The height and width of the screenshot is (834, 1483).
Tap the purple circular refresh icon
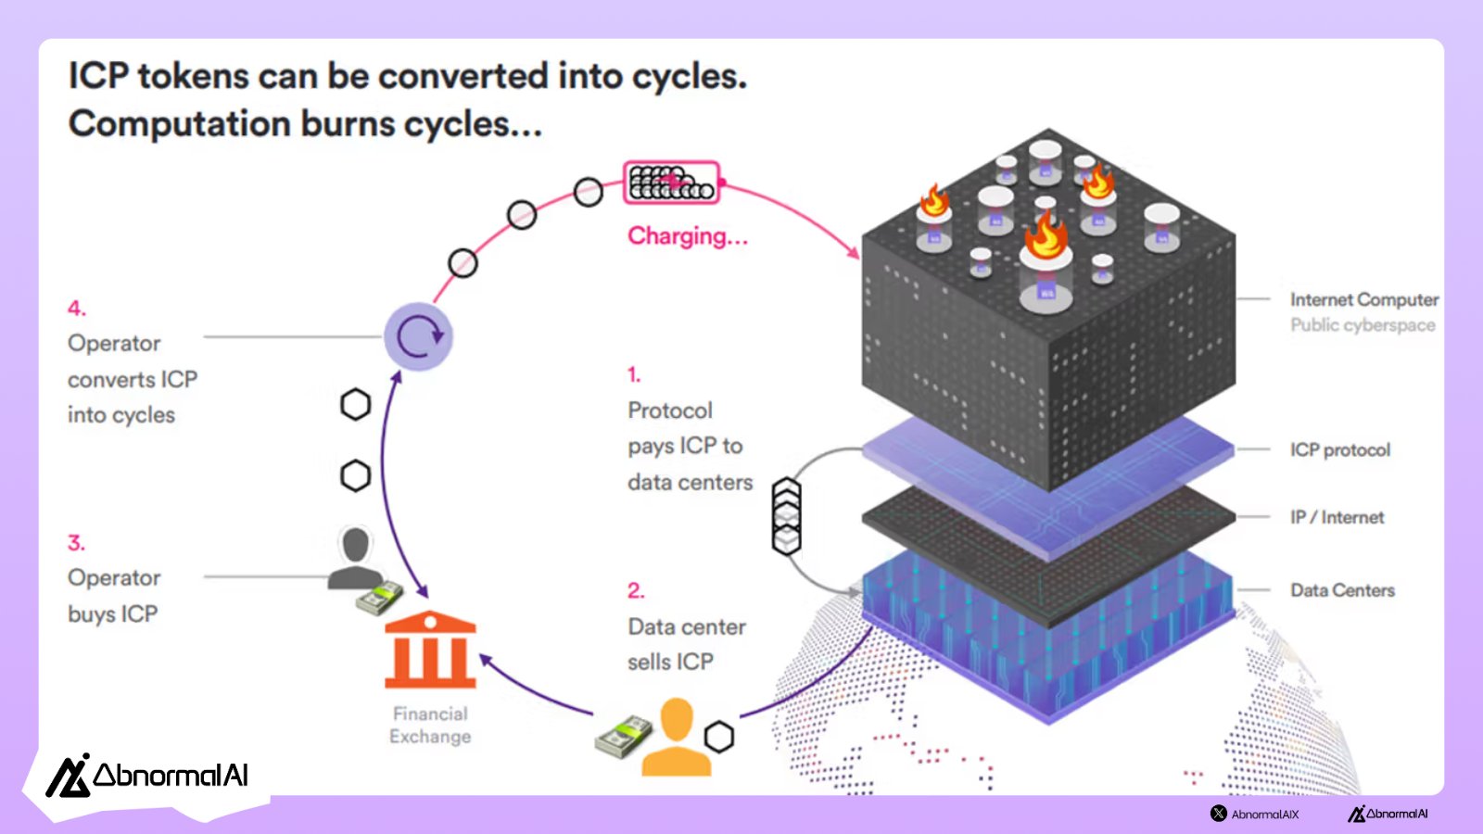[x=419, y=336]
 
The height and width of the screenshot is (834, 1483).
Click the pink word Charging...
[x=687, y=236]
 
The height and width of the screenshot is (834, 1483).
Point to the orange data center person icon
[x=677, y=737]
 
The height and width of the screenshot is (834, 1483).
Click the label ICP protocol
[x=1340, y=450]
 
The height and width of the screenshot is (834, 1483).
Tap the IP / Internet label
[x=1337, y=518]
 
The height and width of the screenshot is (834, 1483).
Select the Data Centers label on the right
[x=1342, y=590]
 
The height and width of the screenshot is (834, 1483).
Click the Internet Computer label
[x=1364, y=300]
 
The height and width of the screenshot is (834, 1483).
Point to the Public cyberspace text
[x=1363, y=325]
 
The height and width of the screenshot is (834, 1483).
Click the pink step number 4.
[x=76, y=309]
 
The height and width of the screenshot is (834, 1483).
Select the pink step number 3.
[x=76, y=543]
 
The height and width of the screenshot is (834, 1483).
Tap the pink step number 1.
[x=634, y=375]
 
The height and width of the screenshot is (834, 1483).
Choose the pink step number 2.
[x=635, y=591]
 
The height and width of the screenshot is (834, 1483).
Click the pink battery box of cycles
[x=672, y=183]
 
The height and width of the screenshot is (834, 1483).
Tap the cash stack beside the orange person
[x=624, y=738]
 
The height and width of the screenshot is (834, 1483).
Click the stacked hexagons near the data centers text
[x=787, y=515]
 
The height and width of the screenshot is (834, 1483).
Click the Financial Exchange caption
[x=430, y=726]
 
